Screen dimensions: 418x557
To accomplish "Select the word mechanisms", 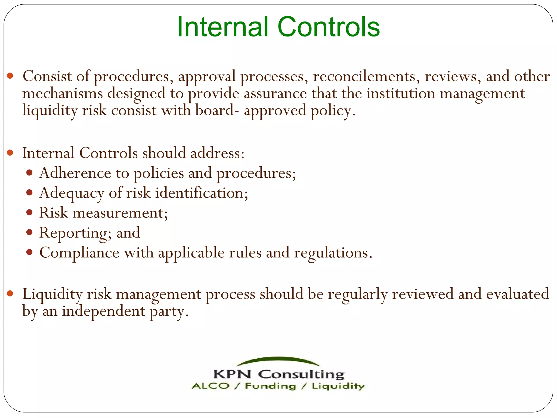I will coord(63,94).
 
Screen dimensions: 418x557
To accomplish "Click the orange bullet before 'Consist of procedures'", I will coord(10,76).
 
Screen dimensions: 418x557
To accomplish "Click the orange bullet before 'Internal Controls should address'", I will coord(10,153).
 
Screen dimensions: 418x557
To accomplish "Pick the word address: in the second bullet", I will coord(217,153).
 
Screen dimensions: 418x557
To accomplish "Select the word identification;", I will coord(202,193).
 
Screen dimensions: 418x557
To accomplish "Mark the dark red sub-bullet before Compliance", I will coord(30,252).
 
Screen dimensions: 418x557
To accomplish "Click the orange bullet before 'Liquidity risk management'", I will coord(10,294).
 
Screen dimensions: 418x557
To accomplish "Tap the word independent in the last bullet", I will coord(104,311).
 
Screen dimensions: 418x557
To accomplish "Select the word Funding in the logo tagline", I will coord(270,386).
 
